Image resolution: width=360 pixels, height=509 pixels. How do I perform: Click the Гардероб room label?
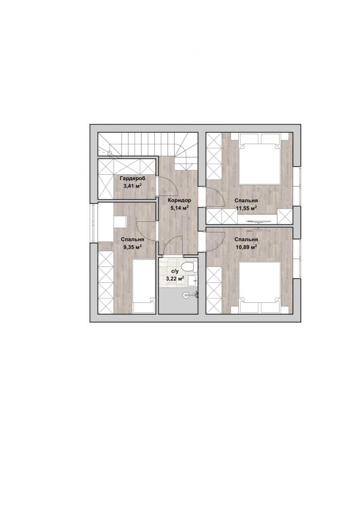132,178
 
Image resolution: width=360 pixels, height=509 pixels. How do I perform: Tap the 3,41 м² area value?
132,186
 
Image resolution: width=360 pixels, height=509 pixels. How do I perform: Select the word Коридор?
179,200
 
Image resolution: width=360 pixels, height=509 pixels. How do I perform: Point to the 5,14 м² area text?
179,208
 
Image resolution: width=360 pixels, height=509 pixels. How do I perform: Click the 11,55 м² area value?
246,208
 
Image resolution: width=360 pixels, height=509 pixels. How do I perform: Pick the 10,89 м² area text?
246,247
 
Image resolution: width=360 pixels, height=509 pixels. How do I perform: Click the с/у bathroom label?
175,271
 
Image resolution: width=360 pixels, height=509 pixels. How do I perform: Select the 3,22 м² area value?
175,278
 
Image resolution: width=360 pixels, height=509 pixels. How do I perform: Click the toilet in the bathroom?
190,267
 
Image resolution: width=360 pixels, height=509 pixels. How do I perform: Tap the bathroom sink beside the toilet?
196,281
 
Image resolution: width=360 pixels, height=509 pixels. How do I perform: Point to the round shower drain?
186,295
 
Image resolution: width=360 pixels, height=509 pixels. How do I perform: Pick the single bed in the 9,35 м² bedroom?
144,286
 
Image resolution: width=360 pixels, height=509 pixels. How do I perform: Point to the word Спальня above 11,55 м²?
246,200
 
